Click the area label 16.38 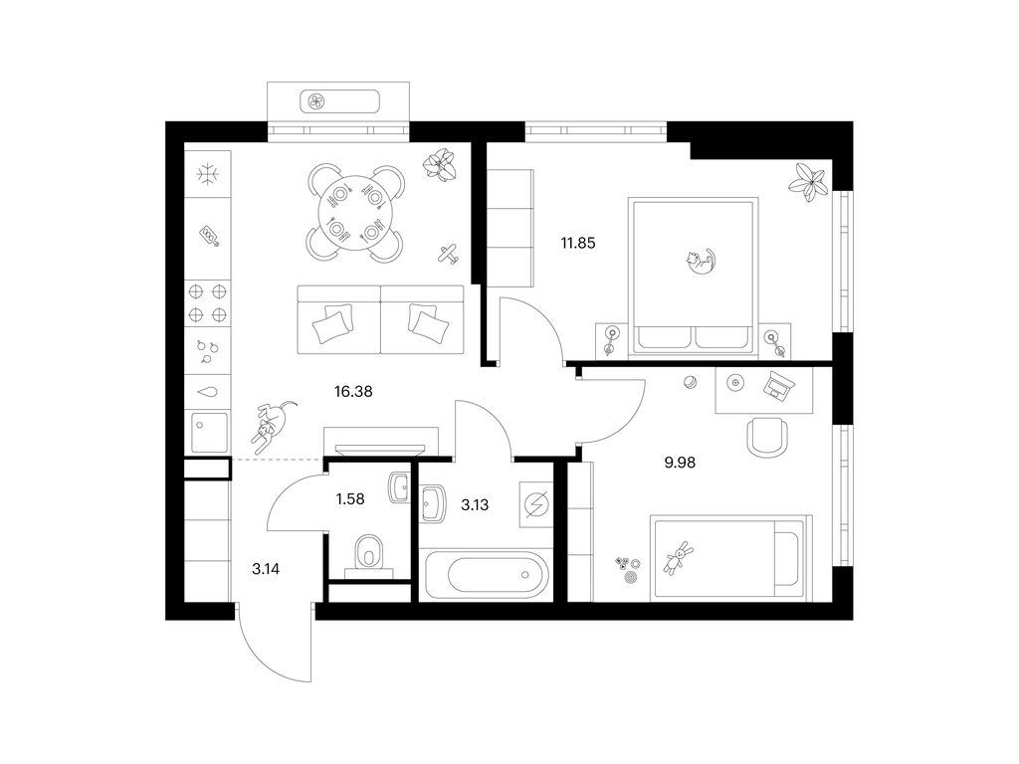pyautogui.click(x=353, y=392)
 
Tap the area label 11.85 pyautogui.click(x=578, y=244)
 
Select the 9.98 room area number pyautogui.click(x=680, y=463)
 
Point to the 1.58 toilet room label pyautogui.click(x=350, y=499)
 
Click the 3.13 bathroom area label pyautogui.click(x=475, y=504)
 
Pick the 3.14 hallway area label pyautogui.click(x=266, y=569)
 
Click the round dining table pyautogui.click(x=354, y=212)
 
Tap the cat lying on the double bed pyautogui.click(x=700, y=260)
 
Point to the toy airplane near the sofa pyautogui.click(x=447, y=254)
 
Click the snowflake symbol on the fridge pyautogui.click(x=208, y=174)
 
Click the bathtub pyautogui.click(x=486, y=574)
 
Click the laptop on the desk pyautogui.click(x=776, y=385)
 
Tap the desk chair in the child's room pyautogui.click(x=767, y=438)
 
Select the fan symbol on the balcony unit pyautogui.click(x=316, y=101)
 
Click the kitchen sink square pyautogui.click(x=209, y=432)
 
